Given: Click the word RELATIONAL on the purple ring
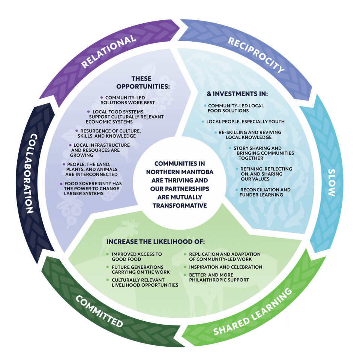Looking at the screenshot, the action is [x=108, y=51].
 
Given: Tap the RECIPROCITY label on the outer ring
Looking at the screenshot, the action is [x=256, y=54].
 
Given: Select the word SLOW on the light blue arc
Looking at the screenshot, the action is [x=332, y=182].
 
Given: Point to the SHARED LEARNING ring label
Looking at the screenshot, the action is [x=253, y=312].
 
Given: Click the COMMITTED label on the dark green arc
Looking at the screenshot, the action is [x=99, y=311].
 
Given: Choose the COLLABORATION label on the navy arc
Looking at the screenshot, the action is [x=30, y=173].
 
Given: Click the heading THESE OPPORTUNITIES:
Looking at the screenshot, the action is [x=143, y=83].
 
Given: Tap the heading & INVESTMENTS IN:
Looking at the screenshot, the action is [x=237, y=94].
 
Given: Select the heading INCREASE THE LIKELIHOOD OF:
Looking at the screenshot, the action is [x=156, y=242].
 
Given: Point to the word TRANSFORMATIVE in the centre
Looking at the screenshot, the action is [x=180, y=205].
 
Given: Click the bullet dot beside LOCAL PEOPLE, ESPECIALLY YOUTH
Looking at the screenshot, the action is [x=203, y=122].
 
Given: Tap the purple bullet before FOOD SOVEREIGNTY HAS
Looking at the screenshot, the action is [x=61, y=184].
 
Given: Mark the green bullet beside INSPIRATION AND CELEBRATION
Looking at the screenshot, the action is [x=185, y=267].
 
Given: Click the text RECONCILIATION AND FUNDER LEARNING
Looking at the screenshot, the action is [x=265, y=192].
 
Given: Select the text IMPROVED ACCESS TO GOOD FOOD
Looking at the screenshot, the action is [x=136, y=257].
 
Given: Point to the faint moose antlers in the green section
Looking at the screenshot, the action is [x=130, y=223].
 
